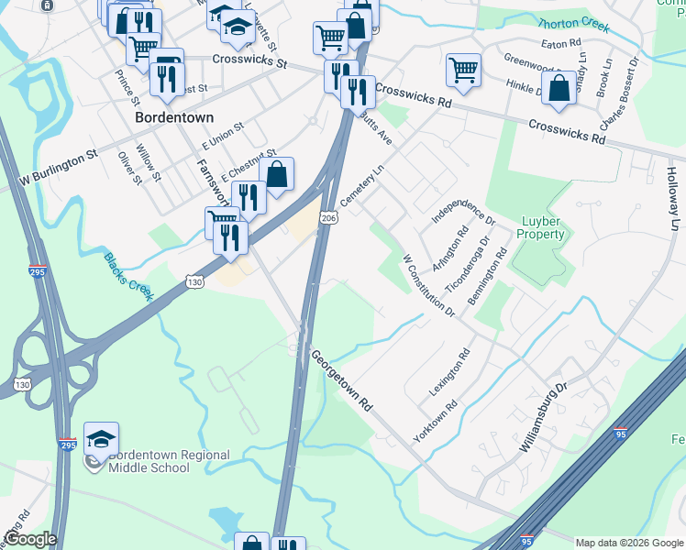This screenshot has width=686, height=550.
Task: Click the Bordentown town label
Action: [173, 118]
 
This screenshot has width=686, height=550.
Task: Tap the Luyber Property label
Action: [541, 227]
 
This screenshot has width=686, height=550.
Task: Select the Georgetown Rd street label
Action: [341, 379]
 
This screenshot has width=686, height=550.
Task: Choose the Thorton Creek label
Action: [573, 25]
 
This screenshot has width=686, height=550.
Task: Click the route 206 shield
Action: [328, 216]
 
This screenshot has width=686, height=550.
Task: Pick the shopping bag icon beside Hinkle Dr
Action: [559, 88]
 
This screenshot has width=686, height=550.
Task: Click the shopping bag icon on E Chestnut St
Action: [277, 172]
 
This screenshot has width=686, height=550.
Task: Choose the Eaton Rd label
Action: [562, 43]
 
